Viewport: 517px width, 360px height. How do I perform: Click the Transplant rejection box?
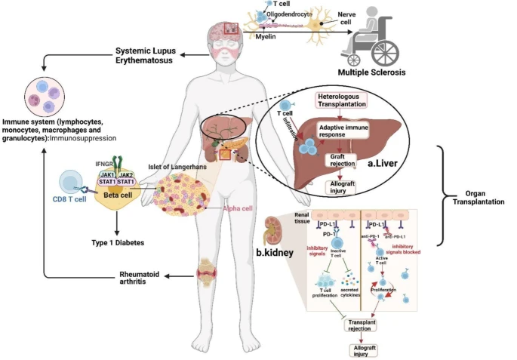coord(360,326)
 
